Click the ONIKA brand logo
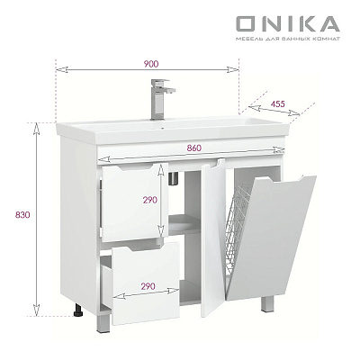click(x=288, y=24)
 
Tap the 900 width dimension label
click(x=150, y=64)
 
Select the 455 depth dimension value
click(x=277, y=103)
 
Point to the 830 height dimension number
click(x=23, y=215)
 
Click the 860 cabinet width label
click(x=194, y=148)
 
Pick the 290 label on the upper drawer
click(x=150, y=200)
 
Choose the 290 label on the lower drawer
click(x=148, y=286)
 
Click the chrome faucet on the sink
click(x=161, y=99)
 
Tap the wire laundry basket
click(x=238, y=228)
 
